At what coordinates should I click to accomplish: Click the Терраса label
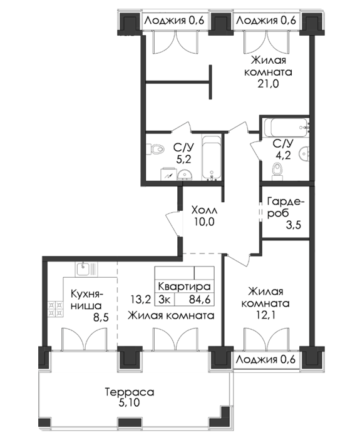(x=130, y=392)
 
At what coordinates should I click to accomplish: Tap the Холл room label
(x=204, y=210)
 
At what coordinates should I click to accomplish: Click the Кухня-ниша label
(x=87, y=300)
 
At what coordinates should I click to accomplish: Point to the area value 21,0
(x=269, y=84)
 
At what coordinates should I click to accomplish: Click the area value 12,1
(x=265, y=315)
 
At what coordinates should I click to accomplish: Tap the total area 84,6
(x=200, y=300)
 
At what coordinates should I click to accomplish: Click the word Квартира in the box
(x=184, y=287)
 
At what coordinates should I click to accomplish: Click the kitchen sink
(x=86, y=269)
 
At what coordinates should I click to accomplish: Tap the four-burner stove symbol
(x=55, y=308)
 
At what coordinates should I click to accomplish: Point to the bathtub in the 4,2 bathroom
(x=286, y=128)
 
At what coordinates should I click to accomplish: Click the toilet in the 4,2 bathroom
(x=277, y=171)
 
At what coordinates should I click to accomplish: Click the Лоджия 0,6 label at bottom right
(x=265, y=360)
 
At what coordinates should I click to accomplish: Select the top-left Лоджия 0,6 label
(x=175, y=21)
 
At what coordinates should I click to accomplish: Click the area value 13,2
(x=141, y=300)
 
